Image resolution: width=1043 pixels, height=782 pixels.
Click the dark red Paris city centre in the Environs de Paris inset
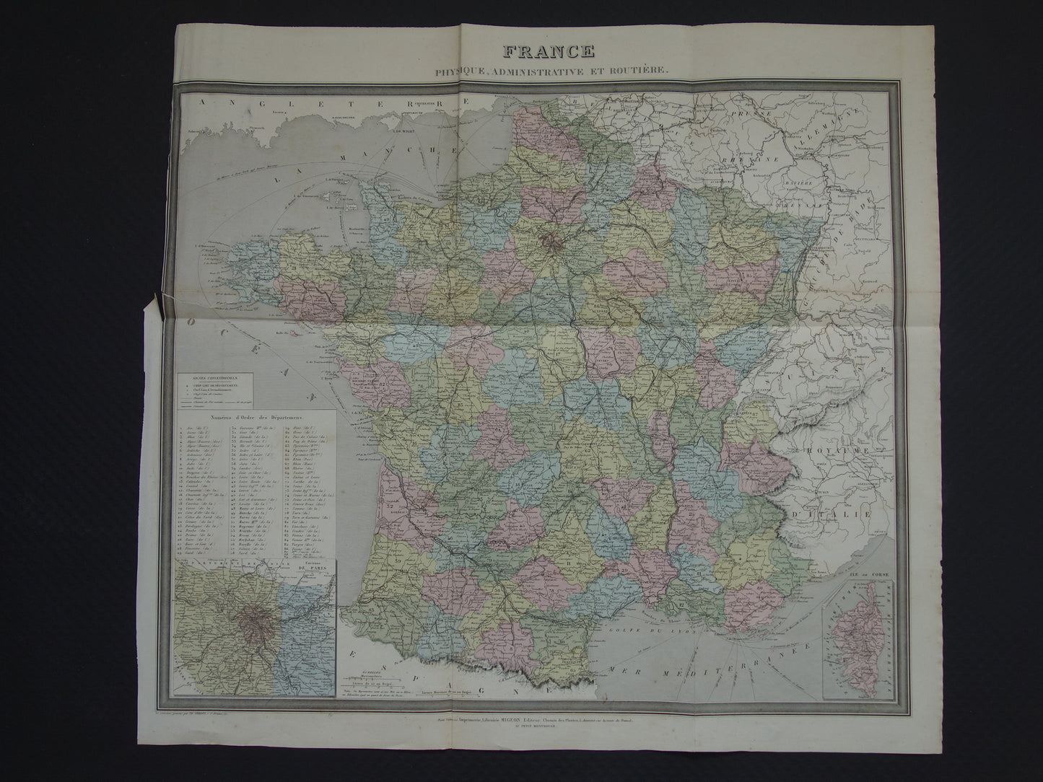(x=254, y=618)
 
